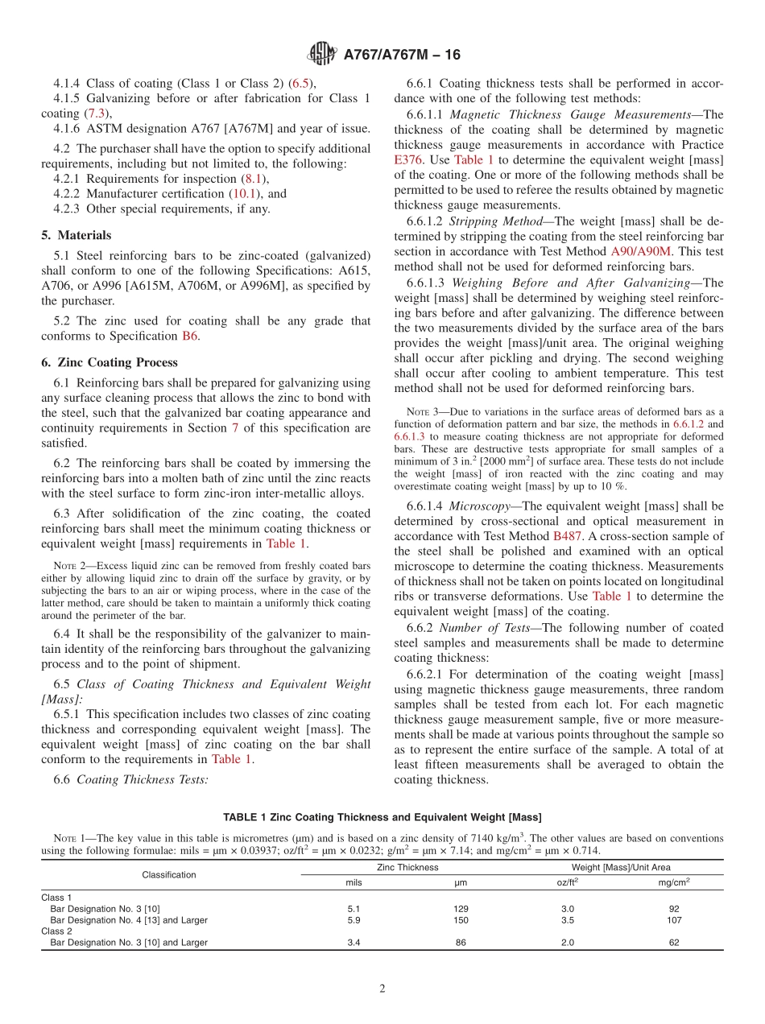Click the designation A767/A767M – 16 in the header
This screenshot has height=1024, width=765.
(402, 56)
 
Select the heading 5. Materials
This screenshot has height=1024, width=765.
(76, 236)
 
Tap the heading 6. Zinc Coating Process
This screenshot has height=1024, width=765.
(110, 362)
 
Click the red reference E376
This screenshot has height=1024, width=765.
(408, 159)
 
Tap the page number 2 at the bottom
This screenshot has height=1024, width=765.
(382, 989)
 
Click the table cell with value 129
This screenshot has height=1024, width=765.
(461, 909)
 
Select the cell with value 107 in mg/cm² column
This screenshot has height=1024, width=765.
(674, 919)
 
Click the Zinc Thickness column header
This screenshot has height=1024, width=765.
(407, 867)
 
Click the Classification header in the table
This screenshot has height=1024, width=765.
(169, 874)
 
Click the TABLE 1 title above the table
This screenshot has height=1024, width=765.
(382, 818)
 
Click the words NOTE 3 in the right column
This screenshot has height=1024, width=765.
(424, 411)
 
